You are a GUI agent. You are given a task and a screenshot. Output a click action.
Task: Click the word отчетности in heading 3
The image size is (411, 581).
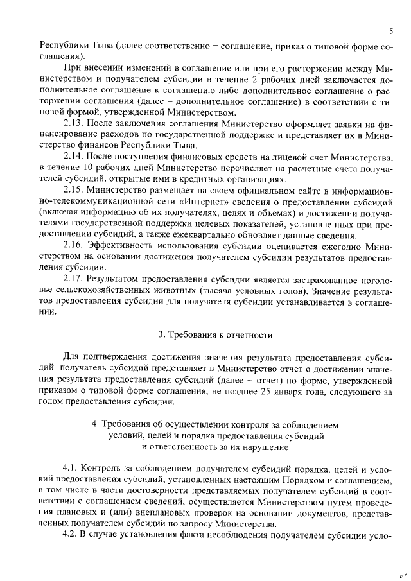(249, 335)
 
